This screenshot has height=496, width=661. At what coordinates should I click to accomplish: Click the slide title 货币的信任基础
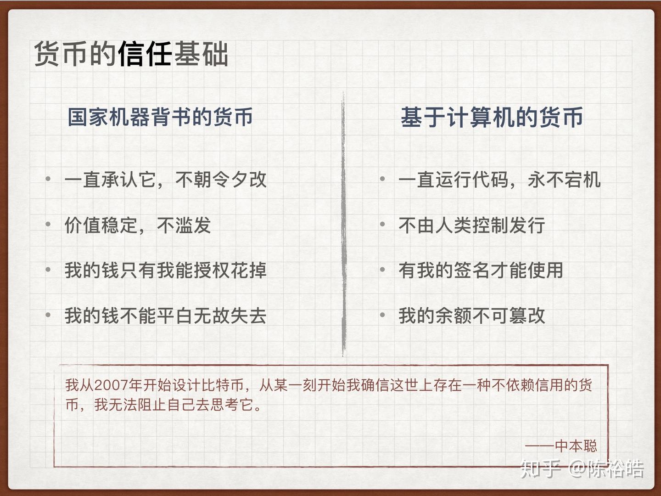click(131, 54)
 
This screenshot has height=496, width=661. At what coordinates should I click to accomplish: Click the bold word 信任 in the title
click(145, 54)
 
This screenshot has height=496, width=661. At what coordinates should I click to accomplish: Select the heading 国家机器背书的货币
click(160, 117)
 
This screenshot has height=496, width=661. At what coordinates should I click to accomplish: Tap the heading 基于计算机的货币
click(492, 117)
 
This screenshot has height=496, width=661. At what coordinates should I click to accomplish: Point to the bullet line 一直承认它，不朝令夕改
click(165, 180)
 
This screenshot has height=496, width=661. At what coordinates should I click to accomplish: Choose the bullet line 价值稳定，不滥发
click(137, 225)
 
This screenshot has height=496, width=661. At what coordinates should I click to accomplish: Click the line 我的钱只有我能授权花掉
click(165, 270)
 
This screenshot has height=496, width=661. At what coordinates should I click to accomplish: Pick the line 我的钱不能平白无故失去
click(165, 316)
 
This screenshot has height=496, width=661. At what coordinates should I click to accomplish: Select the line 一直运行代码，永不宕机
click(499, 180)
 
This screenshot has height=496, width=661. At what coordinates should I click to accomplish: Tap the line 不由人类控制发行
click(471, 225)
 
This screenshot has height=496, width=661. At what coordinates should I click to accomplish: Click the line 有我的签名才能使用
click(481, 270)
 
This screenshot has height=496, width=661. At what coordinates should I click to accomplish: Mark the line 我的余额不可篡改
click(471, 316)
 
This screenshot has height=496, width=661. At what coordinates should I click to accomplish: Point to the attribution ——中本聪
click(561, 445)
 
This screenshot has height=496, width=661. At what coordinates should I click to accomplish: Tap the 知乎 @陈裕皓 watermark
click(582, 468)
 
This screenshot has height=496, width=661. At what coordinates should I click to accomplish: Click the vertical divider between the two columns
click(343, 225)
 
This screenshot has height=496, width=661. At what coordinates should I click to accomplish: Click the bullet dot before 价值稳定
click(48, 225)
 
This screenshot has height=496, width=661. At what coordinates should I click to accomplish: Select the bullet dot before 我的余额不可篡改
click(382, 316)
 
